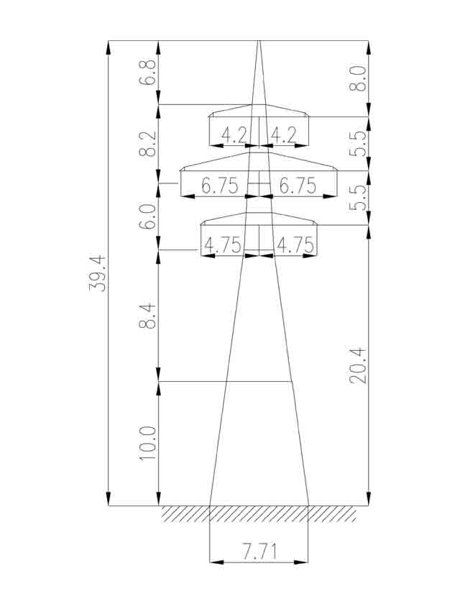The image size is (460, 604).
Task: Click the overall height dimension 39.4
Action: [96, 273]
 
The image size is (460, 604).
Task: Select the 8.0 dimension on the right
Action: [358, 78]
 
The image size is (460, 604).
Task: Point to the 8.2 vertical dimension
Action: [148, 144]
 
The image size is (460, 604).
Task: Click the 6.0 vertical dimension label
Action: [148, 217]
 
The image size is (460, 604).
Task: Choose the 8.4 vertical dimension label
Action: [148, 316]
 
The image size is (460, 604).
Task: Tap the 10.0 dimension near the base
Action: [148, 443]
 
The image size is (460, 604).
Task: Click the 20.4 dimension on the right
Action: [358, 365]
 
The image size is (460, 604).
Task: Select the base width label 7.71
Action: [259, 552]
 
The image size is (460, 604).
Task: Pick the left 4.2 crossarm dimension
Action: [234, 136]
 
